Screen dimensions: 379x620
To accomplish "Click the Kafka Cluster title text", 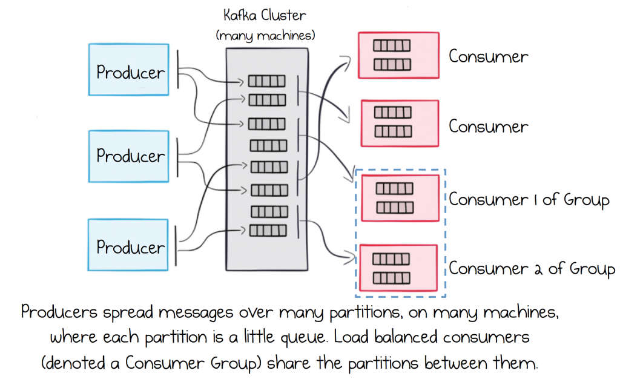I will point(265,16).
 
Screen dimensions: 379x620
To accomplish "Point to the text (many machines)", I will point(265,36).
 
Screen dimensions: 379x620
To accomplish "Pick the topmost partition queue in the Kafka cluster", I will point(266,81).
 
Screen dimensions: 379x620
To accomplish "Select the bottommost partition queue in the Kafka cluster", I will point(266,231).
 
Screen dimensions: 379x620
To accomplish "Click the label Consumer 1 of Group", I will point(528,200).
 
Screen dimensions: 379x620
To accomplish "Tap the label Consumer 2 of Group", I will point(531,269).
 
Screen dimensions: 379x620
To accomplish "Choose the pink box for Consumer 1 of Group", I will point(399,199).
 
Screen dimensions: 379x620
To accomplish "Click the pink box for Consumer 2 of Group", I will point(398,268).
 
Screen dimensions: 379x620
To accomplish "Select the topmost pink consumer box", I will point(398,55).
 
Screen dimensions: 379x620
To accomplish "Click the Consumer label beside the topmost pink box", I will point(488,57).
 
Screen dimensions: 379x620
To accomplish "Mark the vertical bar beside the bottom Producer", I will point(177,245).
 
